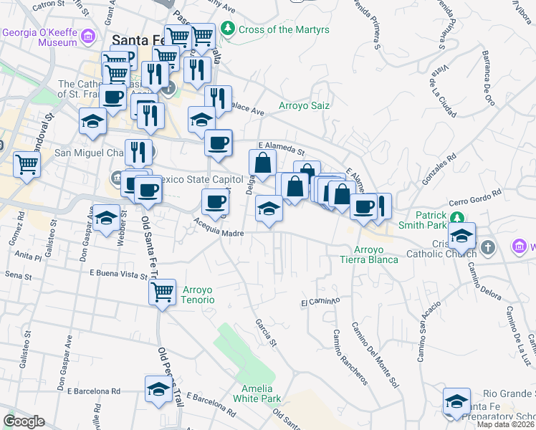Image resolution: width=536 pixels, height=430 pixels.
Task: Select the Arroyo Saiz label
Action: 304,105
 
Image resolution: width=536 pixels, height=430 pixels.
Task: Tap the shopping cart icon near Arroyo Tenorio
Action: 163,292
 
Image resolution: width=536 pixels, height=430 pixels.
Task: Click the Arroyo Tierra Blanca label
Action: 375,254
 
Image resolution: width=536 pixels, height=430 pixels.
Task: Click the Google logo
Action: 24,421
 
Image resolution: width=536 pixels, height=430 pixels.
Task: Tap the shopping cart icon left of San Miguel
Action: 27,164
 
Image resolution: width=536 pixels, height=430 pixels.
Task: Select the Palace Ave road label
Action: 247,110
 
